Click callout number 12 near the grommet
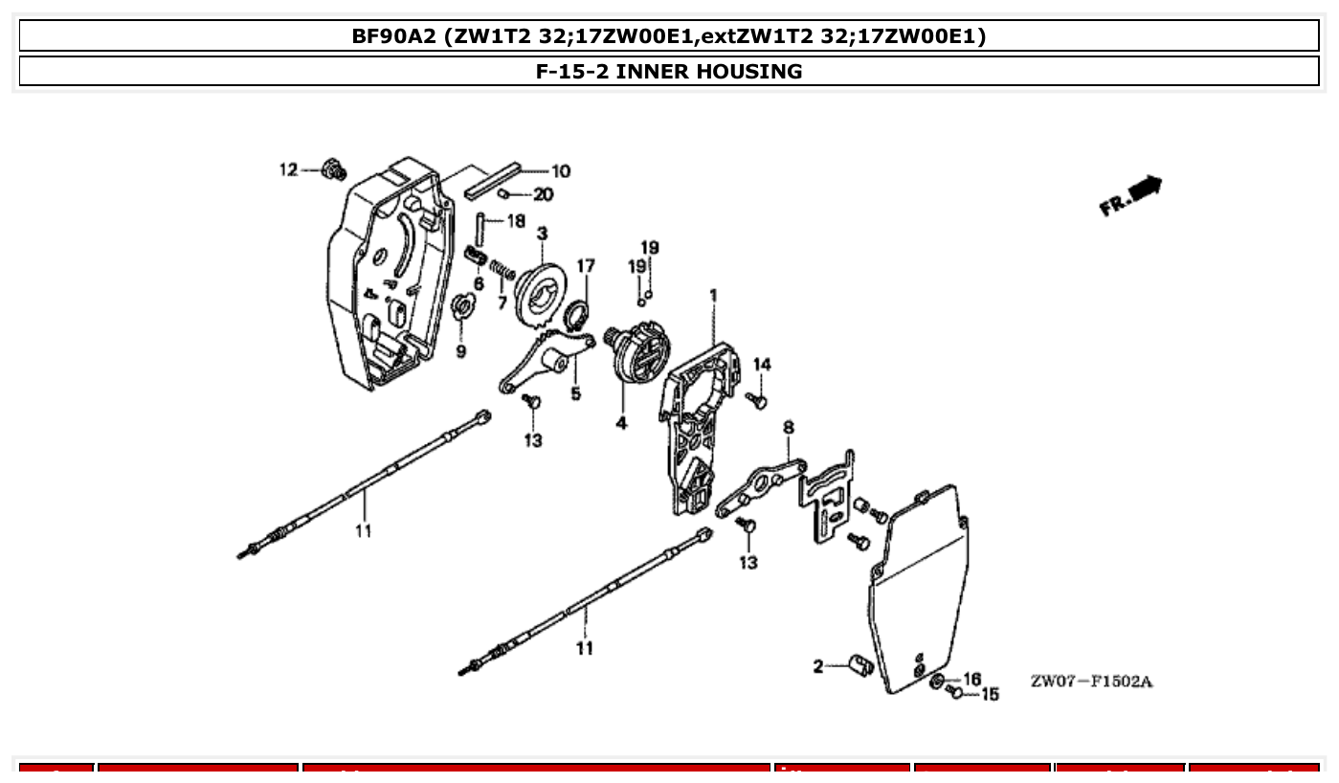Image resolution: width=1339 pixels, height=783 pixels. [288, 169]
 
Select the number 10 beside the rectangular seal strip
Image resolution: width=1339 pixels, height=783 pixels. [560, 171]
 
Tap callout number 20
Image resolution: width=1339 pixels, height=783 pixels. [543, 194]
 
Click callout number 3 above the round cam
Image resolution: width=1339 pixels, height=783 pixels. [543, 234]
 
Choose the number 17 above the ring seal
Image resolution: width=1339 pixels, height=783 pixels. [585, 266]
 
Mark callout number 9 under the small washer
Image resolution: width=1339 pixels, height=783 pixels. [461, 351]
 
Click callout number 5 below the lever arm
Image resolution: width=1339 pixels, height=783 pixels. [575, 392]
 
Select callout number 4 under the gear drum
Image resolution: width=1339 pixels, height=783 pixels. [621, 422]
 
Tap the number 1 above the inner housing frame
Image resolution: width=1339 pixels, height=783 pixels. [713, 295]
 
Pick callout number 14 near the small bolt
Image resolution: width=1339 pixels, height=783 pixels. [762, 364]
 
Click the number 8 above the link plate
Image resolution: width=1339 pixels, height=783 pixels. [788, 427]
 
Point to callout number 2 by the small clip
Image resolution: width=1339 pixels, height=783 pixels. [818, 666]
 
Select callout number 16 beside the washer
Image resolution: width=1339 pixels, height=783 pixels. [971, 679]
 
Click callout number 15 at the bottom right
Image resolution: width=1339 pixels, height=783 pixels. [990, 694]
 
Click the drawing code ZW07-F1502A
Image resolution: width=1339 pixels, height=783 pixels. [1091, 682]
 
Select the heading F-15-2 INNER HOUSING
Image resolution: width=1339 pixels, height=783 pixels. [669, 71]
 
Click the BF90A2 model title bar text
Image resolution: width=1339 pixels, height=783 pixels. [669, 36]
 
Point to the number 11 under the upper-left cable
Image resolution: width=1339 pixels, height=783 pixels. [363, 530]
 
